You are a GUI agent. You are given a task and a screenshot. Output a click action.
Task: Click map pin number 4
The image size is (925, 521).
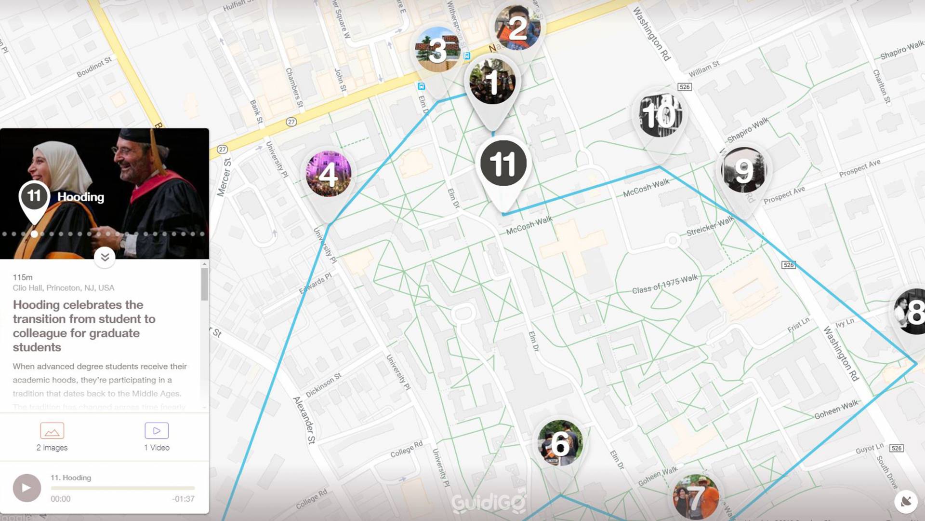[329, 174]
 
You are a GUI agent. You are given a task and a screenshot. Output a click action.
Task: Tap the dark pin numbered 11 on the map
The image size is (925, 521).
[503, 164]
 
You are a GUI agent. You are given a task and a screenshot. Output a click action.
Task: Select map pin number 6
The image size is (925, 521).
[560, 443]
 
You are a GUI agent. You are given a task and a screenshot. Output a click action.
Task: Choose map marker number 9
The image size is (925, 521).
[743, 171]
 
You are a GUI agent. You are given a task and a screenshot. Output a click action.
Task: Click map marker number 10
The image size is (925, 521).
[659, 115]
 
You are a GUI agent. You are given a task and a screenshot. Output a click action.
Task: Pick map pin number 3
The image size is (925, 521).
[437, 50]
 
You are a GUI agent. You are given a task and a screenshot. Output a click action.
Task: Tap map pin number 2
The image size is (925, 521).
[517, 28]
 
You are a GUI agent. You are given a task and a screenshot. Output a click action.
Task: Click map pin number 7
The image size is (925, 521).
[696, 497]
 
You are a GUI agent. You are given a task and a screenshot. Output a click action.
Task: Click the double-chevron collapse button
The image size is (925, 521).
[105, 257]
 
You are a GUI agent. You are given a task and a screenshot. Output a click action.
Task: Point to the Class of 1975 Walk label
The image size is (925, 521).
[664, 284]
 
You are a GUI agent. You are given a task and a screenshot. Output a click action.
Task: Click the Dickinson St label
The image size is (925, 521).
[323, 385]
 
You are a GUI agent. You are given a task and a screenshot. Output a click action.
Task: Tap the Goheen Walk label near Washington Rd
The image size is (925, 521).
[836, 410]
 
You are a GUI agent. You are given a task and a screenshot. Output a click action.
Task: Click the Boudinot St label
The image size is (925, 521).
[94, 67]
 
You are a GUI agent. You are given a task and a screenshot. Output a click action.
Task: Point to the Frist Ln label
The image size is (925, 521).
[798, 325]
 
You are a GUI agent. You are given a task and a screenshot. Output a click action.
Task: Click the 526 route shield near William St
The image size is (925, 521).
[684, 87]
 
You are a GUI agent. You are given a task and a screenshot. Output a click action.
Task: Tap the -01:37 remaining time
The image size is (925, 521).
[183, 499]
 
